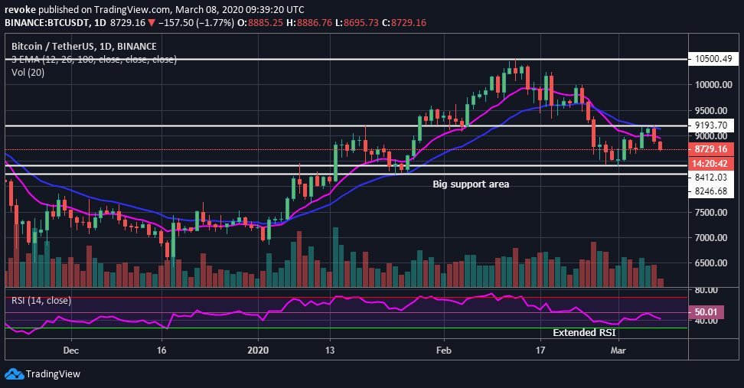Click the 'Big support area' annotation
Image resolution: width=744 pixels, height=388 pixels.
[x=471, y=184]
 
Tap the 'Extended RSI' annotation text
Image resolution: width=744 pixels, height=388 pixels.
[x=584, y=333]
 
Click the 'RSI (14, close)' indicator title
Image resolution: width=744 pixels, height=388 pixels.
[x=42, y=300]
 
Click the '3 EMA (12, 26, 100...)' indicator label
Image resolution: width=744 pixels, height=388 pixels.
[x=93, y=59]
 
